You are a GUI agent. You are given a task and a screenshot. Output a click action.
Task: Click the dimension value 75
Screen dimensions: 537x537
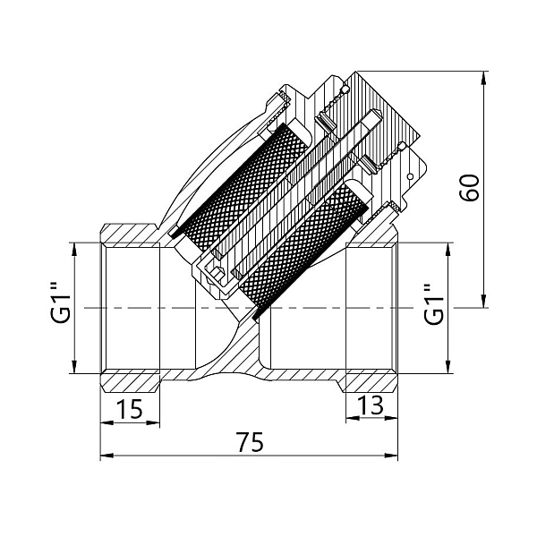[251, 442]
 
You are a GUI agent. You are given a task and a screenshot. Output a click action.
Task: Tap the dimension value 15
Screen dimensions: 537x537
[129, 408]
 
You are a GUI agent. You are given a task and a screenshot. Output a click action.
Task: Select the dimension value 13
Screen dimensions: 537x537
[371, 405]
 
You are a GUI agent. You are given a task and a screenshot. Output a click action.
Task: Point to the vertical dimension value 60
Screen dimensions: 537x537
[469, 188]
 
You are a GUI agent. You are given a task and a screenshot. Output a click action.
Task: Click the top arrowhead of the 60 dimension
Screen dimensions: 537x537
[483, 77]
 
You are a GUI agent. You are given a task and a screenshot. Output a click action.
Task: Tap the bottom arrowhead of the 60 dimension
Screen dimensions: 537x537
[483, 302]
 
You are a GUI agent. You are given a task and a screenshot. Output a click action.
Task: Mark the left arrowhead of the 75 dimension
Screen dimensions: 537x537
[107, 456]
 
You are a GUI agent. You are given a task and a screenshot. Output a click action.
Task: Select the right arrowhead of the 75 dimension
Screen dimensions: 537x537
[391, 456]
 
